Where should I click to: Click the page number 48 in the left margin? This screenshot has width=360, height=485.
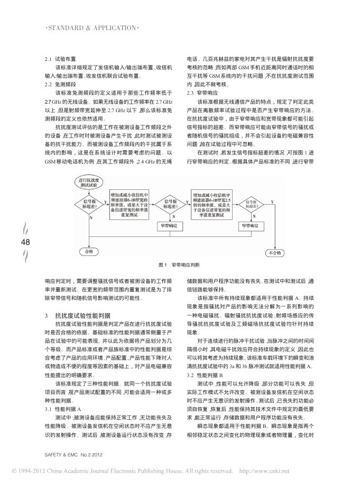coord(25,242)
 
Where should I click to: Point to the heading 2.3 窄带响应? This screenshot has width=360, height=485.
coord(198,93)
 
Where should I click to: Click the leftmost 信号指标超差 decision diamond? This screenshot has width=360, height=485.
coord(87,205)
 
